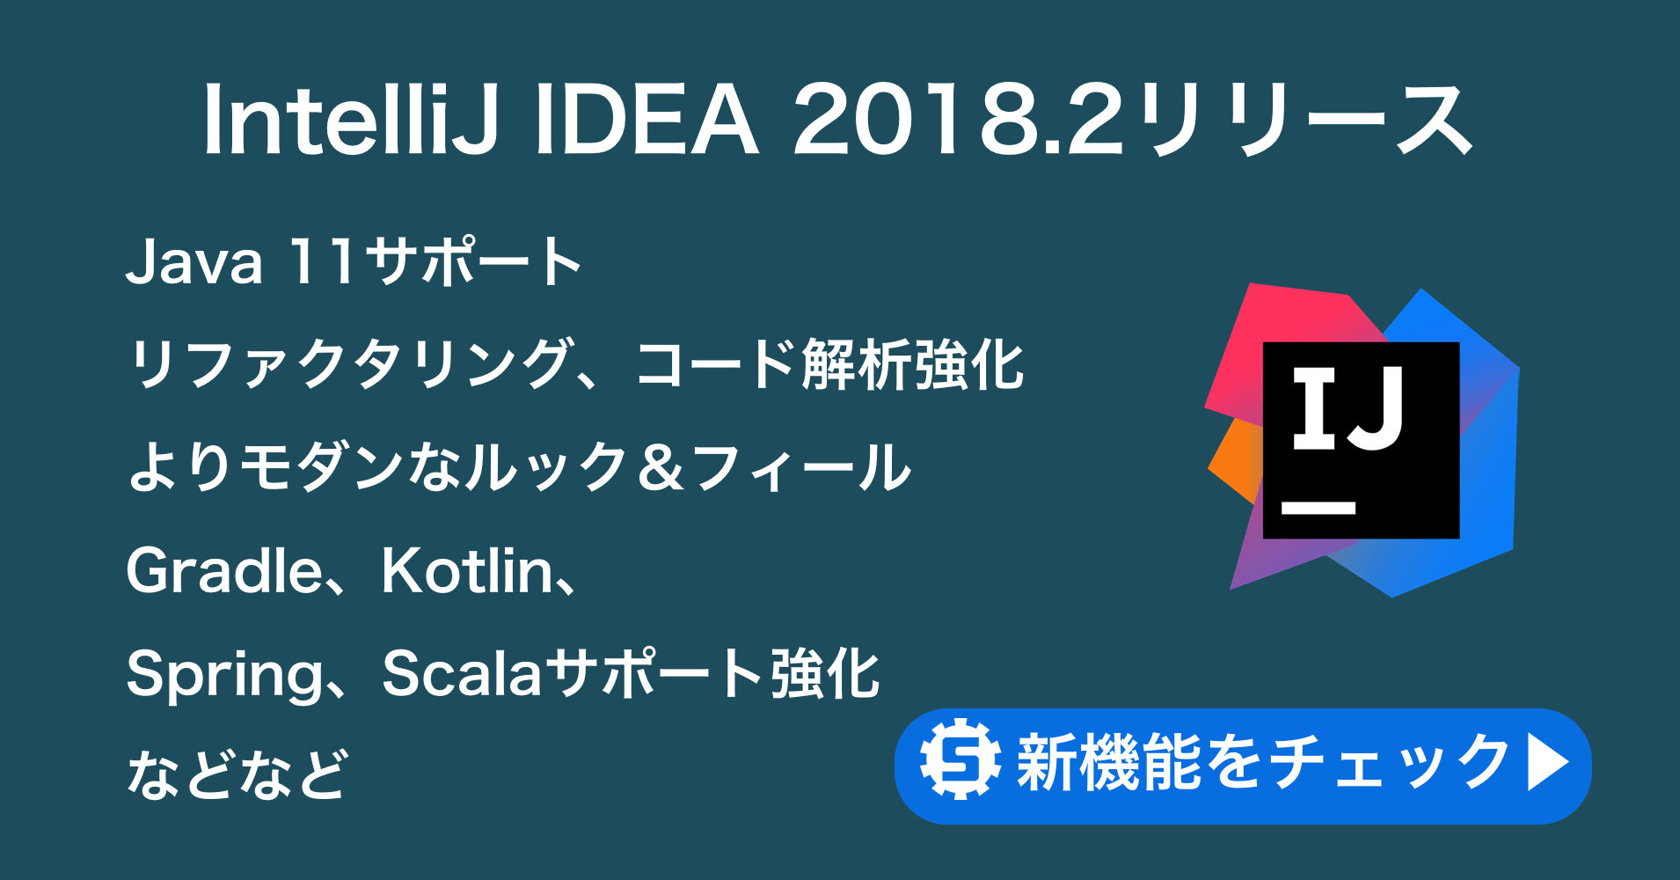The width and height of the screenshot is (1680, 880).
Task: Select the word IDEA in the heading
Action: pos(645,121)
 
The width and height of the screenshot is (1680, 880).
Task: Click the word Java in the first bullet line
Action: pos(194,262)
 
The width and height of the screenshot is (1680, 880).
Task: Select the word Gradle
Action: pos(225,572)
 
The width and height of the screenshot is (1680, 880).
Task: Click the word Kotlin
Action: pos(467,572)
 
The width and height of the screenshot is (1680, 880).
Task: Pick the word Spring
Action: pos(225,676)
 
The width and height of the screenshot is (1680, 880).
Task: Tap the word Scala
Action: pos(462,674)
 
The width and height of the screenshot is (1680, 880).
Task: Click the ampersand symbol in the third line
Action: pos(661,468)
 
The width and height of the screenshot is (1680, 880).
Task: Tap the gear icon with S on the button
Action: pos(960,759)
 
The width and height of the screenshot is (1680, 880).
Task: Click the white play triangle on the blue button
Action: pos(1547,762)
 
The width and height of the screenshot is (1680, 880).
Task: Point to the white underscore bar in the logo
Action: pos(1318,508)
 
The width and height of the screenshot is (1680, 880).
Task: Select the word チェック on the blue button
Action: pos(1391,762)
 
